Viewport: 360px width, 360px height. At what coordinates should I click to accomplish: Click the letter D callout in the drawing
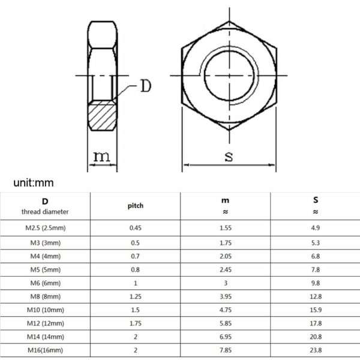pyautogui.click(x=145, y=86)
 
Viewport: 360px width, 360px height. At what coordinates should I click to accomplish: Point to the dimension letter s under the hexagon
pyautogui.click(x=229, y=157)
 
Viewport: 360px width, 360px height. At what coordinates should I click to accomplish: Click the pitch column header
pyautogui.click(x=136, y=205)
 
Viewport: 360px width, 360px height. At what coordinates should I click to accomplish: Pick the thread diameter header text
pyautogui.click(x=45, y=211)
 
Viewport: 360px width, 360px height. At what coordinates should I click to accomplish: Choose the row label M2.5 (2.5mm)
pyautogui.click(x=45, y=228)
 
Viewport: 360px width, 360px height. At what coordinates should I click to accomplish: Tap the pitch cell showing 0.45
pyautogui.click(x=136, y=228)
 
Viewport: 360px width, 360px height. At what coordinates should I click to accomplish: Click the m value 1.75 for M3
pyautogui.click(x=226, y=242)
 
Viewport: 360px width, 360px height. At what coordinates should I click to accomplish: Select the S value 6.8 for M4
pyautogui.click(x=316, y=256)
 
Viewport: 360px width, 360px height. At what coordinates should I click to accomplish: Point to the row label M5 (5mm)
pyautogui.click(x=45, y=270)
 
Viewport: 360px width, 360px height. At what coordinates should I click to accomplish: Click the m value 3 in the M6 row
pyautogui.click(x=226, y=284)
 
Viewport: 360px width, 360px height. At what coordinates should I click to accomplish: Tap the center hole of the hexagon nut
pyautogui.click(x=229, y=76)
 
